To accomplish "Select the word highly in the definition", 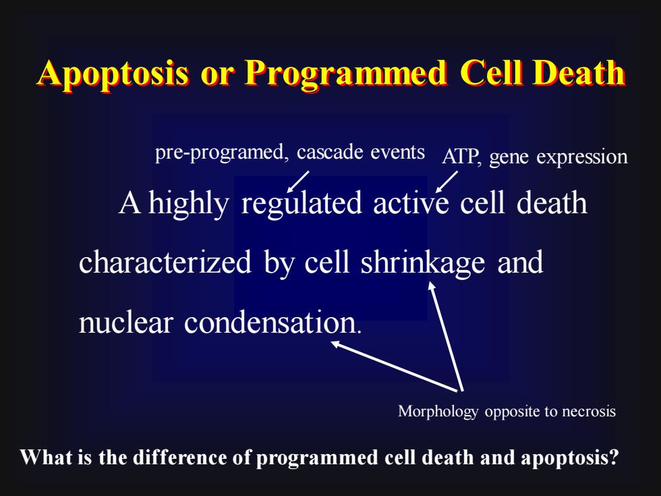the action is point(188,204).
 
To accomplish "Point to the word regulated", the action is point(301,204).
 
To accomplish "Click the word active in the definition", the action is point(411,203).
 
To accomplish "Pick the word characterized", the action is point(165,262).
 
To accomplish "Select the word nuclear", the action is point(126,323).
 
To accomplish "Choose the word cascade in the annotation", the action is point(330,152).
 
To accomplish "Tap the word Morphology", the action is point(438,411).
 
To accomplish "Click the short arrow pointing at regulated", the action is point(297,182).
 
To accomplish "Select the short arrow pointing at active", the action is point(447,182).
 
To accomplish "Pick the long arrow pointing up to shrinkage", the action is point(446,336).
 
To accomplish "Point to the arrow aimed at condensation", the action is point(394,366).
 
